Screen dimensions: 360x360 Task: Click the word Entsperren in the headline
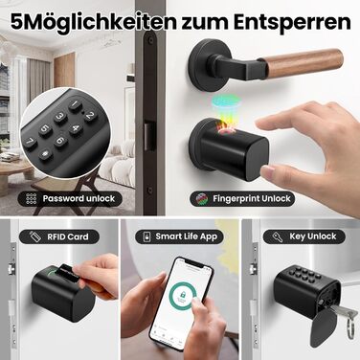292,22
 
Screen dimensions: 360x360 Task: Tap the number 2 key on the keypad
90,116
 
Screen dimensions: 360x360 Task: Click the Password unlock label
70,199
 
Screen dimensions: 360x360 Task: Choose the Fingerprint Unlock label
242,199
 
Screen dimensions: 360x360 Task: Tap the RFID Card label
59,236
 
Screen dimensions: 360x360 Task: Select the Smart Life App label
179,236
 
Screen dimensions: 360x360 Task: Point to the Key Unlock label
304,236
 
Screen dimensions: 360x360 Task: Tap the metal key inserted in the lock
341,310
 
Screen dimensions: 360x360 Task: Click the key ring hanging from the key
351,324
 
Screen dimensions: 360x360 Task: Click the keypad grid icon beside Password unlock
32,198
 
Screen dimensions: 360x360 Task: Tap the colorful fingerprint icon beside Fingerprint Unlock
202,198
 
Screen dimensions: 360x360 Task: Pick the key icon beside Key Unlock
278,236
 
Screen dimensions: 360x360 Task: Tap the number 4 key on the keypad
76,129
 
